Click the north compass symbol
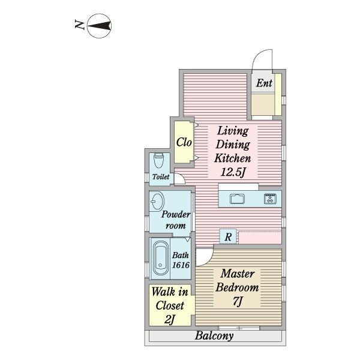tap(100, 26)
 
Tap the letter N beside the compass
tap(80, 25)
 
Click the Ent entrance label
tap(264, 83)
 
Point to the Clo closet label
tap(184, 142)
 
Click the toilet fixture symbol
tap(158, 160)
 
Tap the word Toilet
tap(161, 177)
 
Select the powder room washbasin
tap(157, 201)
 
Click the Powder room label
tap(176, 220)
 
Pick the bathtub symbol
tap(160, 257)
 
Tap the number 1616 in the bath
tap(181, 265)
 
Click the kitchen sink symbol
tap(237, 199)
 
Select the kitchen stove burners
tap(270, 199)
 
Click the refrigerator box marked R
tap(228, 236)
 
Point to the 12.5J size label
tap(233, 172)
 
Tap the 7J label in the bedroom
tap(238, 301)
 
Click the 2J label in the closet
tap(170, 319)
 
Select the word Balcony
tap(214, 336)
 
